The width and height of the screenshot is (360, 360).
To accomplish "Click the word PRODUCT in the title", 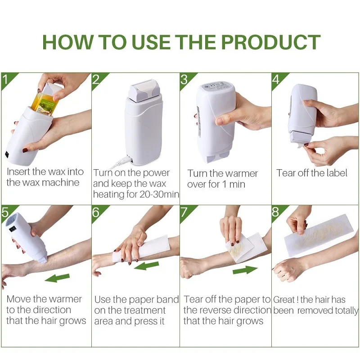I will coord(270,42).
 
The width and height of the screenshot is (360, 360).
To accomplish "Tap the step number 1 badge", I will coord(6,80).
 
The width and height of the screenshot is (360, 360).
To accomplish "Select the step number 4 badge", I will coord(276,80).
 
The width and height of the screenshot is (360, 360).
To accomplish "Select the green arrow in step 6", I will coord(147,265).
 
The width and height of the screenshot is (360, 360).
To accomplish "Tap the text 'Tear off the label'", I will coord(312,173).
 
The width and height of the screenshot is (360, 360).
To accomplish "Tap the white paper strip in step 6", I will coord(151,248).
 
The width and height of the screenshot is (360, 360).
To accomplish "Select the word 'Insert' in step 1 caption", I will coord(18,172).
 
